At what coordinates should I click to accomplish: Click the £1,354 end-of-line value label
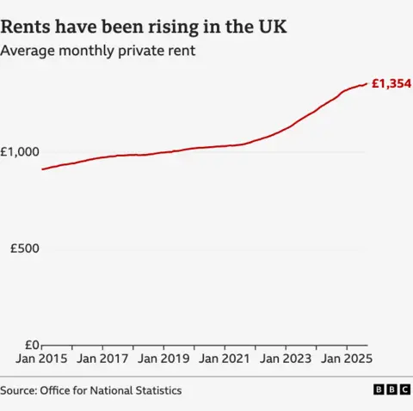391,84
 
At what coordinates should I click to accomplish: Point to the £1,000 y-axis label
21,152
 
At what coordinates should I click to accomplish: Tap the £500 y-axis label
25,248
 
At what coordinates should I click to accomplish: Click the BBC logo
391,390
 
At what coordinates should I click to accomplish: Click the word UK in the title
273,28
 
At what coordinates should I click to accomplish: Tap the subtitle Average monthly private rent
97,52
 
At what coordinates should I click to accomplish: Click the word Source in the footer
17,390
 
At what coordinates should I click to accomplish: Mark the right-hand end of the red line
367,83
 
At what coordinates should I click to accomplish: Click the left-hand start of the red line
42,169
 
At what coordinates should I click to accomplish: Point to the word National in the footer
112,390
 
